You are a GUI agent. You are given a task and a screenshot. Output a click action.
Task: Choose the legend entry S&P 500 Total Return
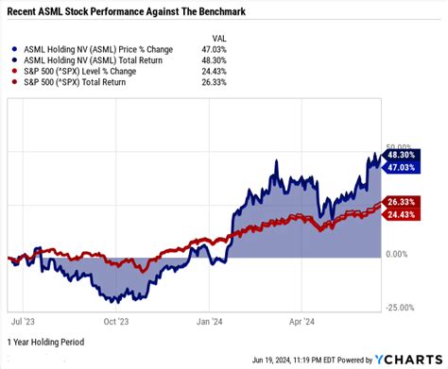tap(83, 82)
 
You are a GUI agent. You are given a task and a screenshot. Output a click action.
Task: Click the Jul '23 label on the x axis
tap(24, 320)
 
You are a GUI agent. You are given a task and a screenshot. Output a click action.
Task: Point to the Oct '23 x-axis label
tap(115, 320)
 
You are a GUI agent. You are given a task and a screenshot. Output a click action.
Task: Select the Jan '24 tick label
tap(210, 320)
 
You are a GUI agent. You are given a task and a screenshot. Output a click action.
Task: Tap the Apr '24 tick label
tap(302, 320)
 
